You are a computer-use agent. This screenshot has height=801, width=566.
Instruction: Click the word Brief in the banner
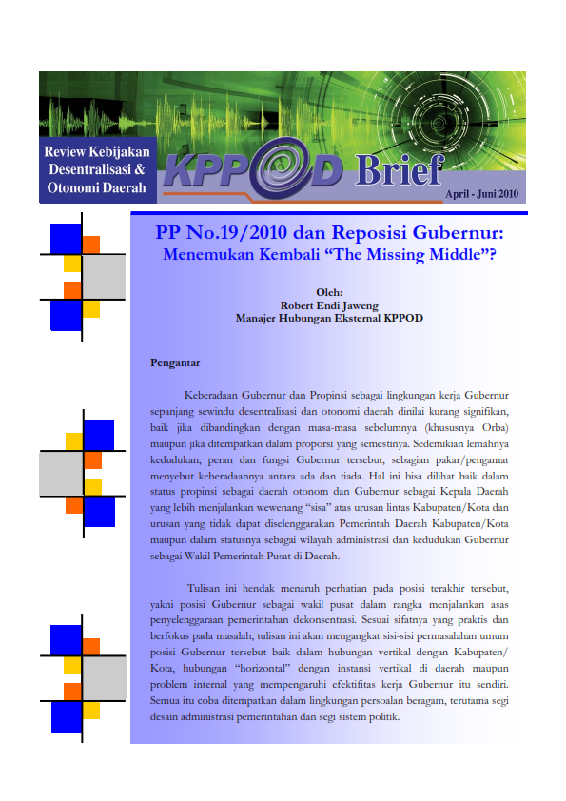[399, 171]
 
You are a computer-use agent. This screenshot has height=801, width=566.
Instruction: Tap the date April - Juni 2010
[481, 194]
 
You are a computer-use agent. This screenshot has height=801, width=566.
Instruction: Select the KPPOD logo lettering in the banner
[253, 172]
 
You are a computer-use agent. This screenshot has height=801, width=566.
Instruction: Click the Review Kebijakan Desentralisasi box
[97, 170]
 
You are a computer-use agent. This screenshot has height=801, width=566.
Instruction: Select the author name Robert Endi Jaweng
[328, 306]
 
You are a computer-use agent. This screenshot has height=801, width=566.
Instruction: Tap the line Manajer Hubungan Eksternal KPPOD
[328, 319]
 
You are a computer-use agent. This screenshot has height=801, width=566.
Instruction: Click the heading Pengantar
[175, 361]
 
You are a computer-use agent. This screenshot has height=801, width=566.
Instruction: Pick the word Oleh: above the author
[328, 294]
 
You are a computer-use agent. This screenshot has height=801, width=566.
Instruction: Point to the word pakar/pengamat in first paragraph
[472, 462]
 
